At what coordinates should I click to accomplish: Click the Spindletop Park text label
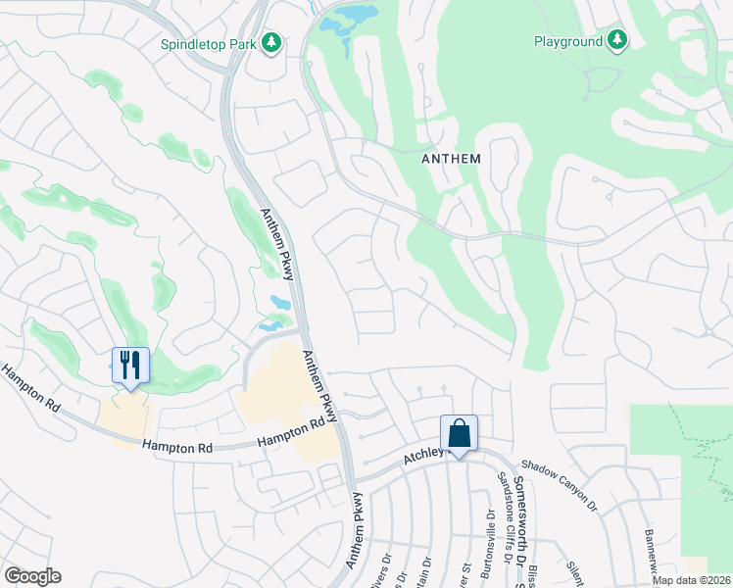pyautogui.click(x=208, y=43)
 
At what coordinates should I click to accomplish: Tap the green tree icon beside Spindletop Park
pyautogui.click(x=272, y=43)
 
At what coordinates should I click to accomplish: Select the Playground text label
pyautogui.click(x=567, y=41)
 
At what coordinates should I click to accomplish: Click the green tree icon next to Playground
pyautogui.click(x=617, y=40)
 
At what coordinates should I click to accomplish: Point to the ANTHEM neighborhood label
pyautogui.click(x=451, y=159)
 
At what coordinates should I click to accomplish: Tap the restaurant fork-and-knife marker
pyautogui.click(x=130, y=366)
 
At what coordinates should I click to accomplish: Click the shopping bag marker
pyautogui.click(x=459, y=432)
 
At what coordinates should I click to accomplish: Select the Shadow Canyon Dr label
pyautogui.click(x=559, y=485)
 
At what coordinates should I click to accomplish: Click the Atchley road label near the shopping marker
pyautogui.click(x=423, y=455)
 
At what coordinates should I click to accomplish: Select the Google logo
pyautogui.click(x=32, y=576)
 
